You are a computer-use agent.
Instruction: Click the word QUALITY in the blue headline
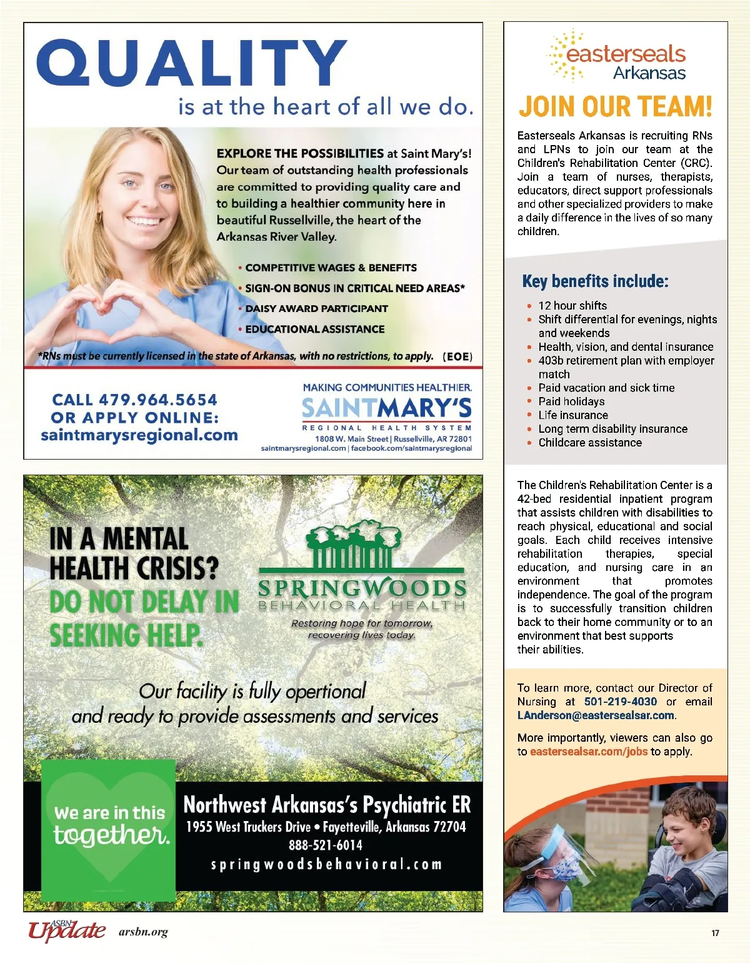[191, 63]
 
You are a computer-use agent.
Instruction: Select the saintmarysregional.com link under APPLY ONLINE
[139, 435]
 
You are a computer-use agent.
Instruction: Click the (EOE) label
[457, 356]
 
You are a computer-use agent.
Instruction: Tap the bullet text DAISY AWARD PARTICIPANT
[316, 308]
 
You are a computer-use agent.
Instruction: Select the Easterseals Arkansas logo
[616, 56]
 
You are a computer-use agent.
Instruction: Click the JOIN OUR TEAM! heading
[616, 106]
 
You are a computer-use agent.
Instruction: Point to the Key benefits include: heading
[595, 281]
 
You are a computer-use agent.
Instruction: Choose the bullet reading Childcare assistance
[590, 443]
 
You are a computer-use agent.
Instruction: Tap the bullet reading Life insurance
[573, 415]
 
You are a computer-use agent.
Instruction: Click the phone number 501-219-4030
[621, 702]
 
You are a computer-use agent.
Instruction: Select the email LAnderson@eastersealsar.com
[596, 715]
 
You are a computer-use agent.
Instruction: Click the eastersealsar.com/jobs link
[588, 752]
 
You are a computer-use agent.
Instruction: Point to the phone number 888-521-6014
[325, 845]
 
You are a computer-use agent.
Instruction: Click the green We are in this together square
[109, 829]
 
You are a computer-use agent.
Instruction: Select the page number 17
[715, 933]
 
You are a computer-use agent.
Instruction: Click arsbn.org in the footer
[143, 932]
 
